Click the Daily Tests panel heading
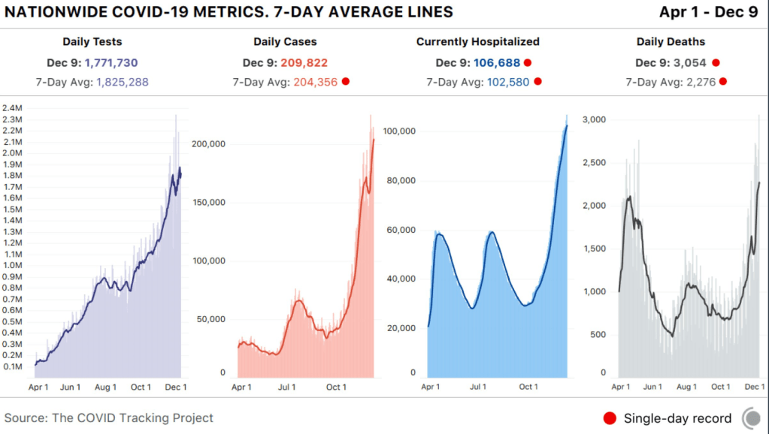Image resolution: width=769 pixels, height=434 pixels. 93,42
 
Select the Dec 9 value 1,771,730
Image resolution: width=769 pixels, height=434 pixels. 111,63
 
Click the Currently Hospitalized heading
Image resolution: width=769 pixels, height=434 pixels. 478,42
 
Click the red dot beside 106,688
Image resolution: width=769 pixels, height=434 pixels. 528,63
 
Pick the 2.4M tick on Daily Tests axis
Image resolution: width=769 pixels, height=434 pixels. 13,108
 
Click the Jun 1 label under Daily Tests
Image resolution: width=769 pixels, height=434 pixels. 70,387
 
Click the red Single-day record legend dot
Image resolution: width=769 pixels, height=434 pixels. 610,418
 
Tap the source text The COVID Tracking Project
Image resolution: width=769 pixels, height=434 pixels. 132,418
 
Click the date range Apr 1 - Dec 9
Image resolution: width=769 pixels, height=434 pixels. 709,12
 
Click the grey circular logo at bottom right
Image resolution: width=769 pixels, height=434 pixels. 750,417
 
